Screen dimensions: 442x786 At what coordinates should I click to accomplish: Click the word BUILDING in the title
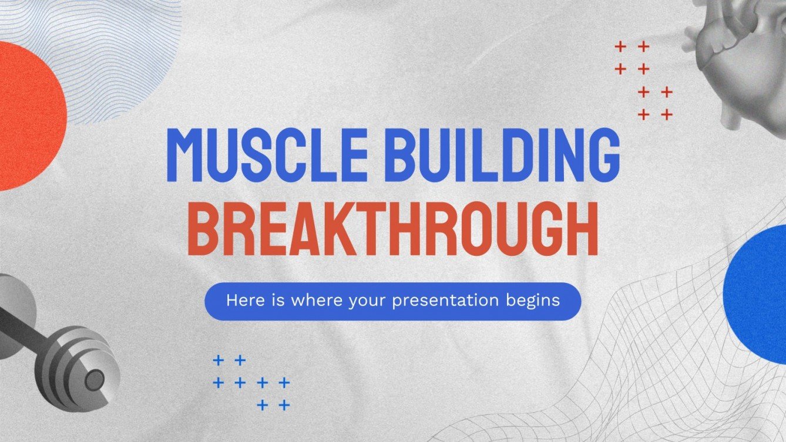click(507, 154)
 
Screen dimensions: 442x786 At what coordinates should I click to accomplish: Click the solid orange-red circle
click(26, 116)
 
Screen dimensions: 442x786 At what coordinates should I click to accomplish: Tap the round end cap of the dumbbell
click(94, 380)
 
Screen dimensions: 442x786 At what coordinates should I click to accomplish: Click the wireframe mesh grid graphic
click(646, 376)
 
